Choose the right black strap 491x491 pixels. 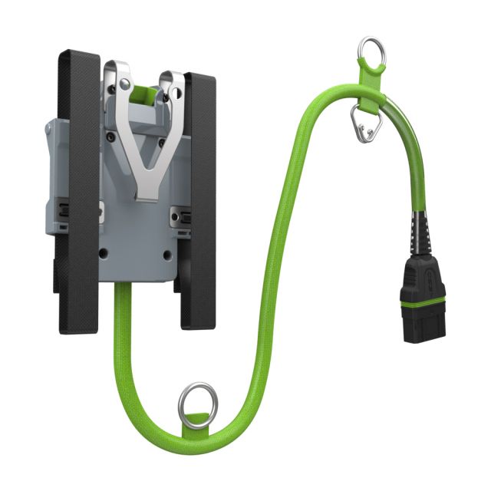click(197, 199)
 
